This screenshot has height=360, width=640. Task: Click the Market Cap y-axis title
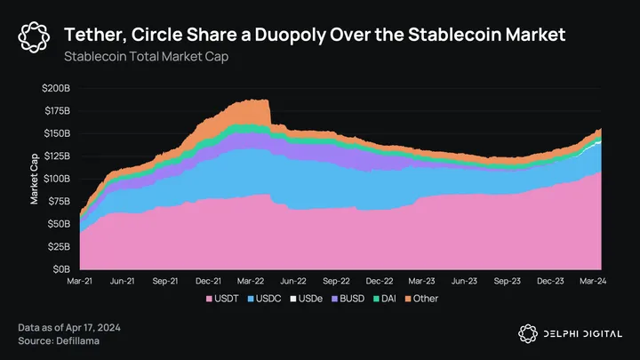pos(34,179)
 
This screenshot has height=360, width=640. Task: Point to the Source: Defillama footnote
pos(56,341)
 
